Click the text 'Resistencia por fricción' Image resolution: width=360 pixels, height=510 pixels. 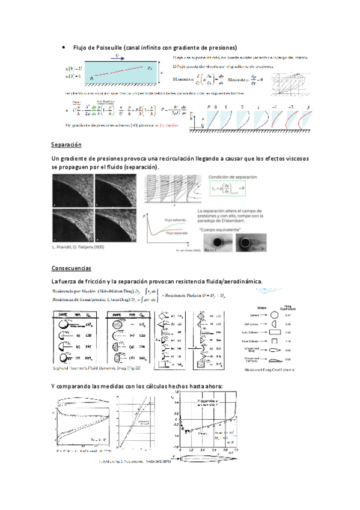coord(78,292)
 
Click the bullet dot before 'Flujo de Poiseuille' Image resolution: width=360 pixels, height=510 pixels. coord(63,48)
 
